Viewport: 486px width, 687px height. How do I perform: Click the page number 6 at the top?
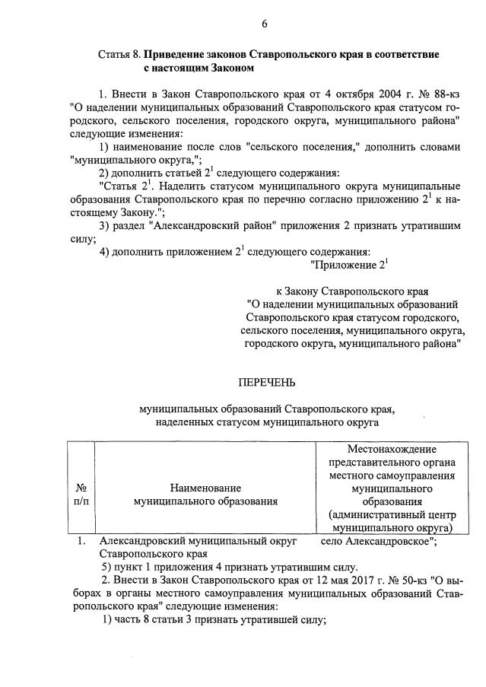[x=265, y=24]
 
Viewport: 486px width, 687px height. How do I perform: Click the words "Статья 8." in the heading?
[x=119, y=56]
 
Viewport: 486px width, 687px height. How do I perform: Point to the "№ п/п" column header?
[x=81, y=494]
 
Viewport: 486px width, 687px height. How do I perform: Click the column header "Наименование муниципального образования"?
[x=205, y=494]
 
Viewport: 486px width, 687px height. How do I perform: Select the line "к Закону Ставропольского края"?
[x=351, y=291]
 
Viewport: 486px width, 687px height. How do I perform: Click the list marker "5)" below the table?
[x=108, y=567]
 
